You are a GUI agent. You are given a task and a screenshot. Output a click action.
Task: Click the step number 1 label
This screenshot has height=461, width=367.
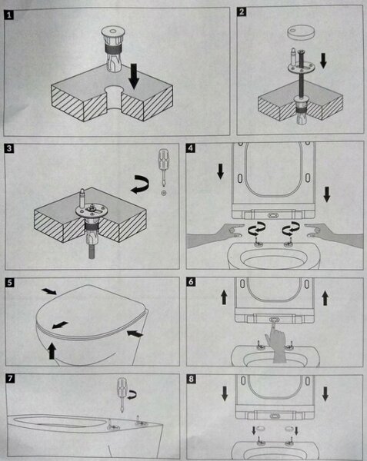[x=8, y=15]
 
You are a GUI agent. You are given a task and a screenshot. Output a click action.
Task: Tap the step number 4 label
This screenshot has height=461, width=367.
[x=191, y=148]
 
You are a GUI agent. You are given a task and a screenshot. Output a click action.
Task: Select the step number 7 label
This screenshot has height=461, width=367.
[x=10, y=378]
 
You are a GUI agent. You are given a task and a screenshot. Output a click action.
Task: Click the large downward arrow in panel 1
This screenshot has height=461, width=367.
[x=134, y=76]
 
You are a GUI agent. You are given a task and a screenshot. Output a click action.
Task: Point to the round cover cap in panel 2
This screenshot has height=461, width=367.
[x=301, y=32]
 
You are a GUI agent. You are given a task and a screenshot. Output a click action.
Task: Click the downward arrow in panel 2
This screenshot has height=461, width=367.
[x=323, y=60]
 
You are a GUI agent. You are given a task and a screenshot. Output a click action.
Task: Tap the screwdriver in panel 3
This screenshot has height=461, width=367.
[x=163, y=167]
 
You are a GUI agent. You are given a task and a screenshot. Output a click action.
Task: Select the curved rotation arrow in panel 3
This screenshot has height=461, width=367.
[x=140, y=184]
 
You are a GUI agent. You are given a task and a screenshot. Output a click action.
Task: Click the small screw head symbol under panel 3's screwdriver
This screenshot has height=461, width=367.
[x=164, y=193]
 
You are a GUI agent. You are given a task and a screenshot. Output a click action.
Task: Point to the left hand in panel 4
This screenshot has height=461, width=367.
[x=215, y=235]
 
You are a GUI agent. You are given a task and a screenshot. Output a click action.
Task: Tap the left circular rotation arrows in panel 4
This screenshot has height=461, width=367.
[x=257, y=229]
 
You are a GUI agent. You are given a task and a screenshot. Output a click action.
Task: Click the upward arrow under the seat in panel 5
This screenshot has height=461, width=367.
[x=52, y=350]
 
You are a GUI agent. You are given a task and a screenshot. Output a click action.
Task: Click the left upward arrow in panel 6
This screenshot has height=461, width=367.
[x=224, y=297]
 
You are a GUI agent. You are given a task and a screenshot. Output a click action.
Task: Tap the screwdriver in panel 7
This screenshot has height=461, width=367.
[x=122, y=395]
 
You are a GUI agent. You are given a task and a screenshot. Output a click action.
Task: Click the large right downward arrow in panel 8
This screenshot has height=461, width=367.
[x=325, y=393]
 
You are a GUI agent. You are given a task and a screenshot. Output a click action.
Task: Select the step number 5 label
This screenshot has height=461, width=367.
[x=10, y=283]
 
